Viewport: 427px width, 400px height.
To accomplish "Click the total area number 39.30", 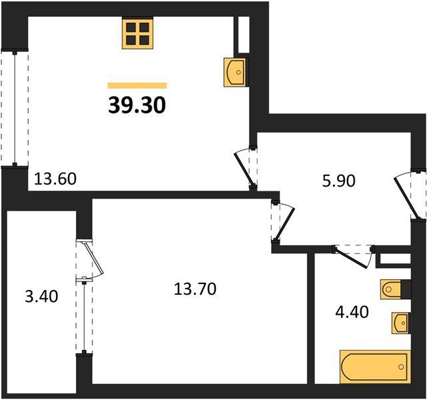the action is coord(137,105).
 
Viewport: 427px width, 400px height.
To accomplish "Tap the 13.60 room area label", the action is coord(55,179).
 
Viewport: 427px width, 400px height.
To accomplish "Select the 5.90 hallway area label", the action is coord(339,181).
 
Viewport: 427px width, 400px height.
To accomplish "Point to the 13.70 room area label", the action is coord(195,289).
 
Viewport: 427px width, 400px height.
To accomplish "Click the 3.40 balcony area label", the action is coord(41,297).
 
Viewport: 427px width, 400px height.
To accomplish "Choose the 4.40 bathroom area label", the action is coord(352,312).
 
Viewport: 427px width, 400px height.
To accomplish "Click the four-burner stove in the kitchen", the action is coord(138,33).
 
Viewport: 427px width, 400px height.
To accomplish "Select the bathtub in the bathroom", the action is coord(375,367).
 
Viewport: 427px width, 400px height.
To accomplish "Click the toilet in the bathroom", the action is coord(390,289).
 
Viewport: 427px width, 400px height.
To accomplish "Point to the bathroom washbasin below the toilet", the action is coord(400,323).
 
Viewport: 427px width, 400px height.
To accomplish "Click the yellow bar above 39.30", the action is coord(137,85).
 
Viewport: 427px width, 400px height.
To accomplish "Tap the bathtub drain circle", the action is coord(401,367).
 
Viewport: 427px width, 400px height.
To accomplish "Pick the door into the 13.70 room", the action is coord(283,221).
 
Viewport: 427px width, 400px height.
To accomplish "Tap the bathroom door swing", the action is coord(353,257).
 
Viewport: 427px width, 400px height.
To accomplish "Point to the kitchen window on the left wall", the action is coord(15,108).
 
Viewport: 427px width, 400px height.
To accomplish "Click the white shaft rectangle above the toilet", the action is coord(395,259).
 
